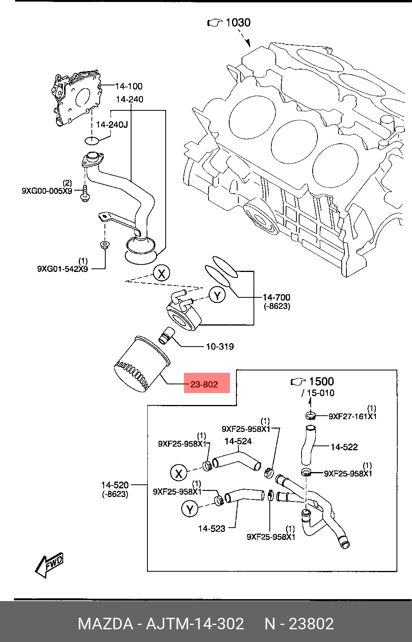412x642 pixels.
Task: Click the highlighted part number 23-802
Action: (204, 384)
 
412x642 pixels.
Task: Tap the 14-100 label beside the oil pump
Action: (129, 86)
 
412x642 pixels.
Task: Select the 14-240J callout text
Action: (112, 125)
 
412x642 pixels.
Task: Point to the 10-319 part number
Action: (220, 347)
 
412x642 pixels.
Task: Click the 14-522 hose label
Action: (344, 447)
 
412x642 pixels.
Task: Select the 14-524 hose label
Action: (238, 441)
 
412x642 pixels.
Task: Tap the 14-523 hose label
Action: (211, 528)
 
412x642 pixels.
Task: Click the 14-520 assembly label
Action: (115, 485)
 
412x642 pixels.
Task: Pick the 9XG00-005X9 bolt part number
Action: (47, 191)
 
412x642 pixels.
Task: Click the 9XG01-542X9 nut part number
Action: (62, 269)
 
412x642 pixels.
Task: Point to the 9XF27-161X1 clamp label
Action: (352, 416)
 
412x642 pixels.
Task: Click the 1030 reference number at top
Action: (238, 23)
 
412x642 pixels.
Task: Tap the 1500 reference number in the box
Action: (321, 382)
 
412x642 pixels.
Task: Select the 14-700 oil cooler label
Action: (277, 297)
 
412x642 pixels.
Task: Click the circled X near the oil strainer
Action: (161, 273)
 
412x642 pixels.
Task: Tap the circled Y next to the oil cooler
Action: (217, 295)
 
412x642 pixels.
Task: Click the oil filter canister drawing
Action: (141, 364)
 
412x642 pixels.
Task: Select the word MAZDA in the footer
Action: (105, 624)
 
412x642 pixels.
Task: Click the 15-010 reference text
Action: (321, 393)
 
